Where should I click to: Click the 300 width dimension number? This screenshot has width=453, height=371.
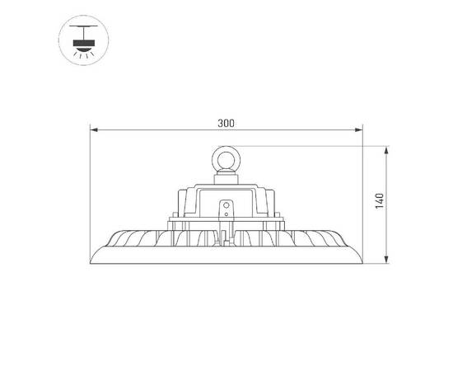click(x=226, y=123)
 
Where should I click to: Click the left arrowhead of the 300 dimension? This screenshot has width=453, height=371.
click(x=93, y=129)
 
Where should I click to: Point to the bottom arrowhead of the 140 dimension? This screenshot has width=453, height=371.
click(x=387, y=262)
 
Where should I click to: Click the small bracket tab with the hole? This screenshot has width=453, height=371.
click(x=226, y=206)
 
